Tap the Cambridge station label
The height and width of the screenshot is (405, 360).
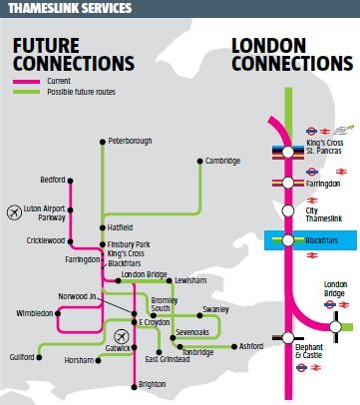click(223, 161)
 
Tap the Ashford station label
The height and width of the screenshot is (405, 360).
click(254, 346)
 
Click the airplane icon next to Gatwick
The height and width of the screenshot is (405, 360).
click(122, 334)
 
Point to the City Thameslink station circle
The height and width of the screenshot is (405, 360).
click(286, 210)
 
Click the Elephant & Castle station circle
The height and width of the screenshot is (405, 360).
click(286, 337)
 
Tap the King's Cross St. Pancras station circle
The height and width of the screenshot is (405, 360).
click(286, 152)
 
